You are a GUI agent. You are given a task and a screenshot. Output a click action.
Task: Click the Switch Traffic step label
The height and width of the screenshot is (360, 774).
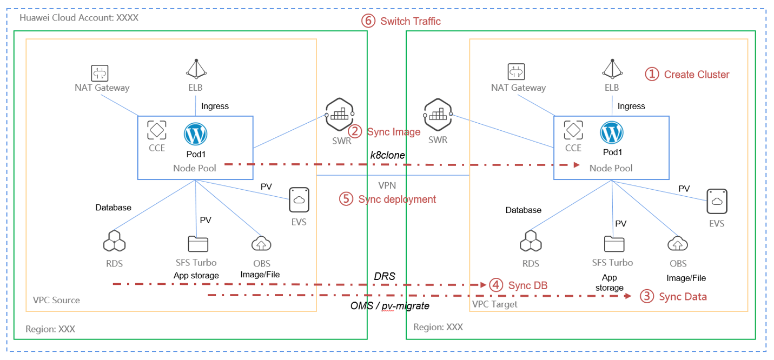click(401, 22)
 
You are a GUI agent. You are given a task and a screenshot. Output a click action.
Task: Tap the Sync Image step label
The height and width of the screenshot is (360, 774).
click(384, 131)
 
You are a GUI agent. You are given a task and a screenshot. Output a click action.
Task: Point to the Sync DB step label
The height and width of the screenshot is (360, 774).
click(518, 285)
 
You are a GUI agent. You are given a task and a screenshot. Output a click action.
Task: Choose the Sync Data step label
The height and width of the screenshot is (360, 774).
click(673, 296)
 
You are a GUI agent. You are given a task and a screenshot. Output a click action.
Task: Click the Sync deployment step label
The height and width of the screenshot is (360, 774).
click(388, 199)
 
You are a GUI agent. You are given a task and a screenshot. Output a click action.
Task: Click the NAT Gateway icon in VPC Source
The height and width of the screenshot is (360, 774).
click(100, 72)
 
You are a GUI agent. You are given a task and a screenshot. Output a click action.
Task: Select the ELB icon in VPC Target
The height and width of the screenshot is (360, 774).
click(612, 69)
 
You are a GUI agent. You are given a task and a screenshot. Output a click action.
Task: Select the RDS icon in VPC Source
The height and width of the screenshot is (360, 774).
click(114, 243)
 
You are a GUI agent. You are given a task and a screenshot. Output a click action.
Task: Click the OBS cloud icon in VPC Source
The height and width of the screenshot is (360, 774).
click(262, 244)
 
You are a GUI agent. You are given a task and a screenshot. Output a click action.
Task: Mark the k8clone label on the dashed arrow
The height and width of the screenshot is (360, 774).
click(387, 155)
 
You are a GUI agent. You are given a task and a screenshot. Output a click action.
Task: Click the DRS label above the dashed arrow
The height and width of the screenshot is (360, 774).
click(385, 276)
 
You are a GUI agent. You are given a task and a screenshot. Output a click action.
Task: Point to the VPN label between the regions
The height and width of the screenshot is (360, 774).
click(387, 185)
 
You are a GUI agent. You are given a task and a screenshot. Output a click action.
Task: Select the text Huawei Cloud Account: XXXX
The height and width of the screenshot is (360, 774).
click(79, 18)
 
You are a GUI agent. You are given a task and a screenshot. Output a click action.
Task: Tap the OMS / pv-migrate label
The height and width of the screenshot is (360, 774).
click(389, 306)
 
